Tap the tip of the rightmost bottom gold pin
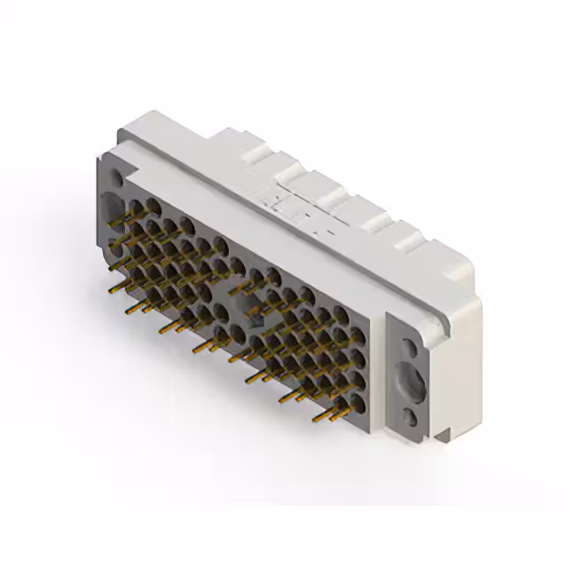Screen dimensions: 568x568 coord(315,418)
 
